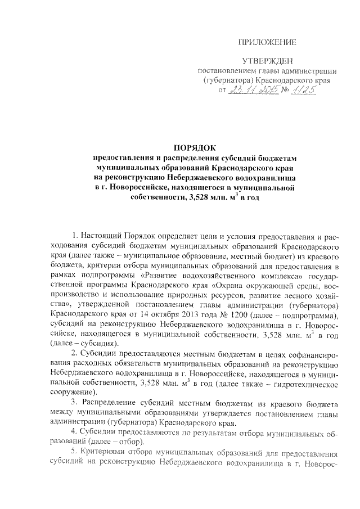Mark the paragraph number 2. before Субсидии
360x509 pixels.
pos(76,353)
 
